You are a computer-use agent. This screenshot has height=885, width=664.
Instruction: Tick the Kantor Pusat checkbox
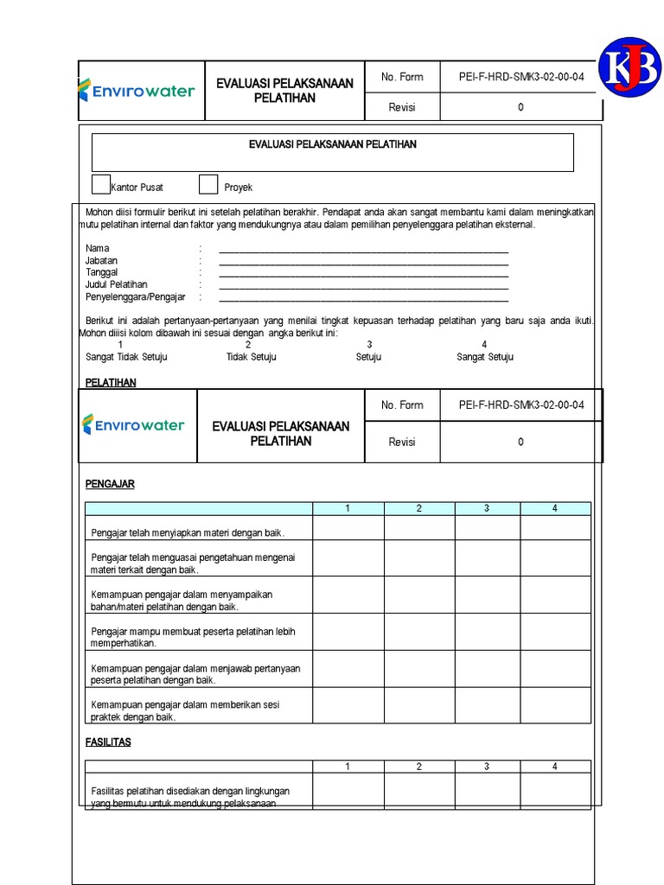pyautogui.click(x=101, y=185)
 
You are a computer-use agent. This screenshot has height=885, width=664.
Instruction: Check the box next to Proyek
pyautogui.click(x=208, y=185)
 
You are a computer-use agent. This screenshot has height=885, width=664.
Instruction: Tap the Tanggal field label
pyautogui.click(x=101, y=272)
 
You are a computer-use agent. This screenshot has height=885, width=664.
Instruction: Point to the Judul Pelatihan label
pyautogui.click(x=116, y=284)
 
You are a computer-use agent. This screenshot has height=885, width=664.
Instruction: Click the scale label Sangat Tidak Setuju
pyautogui.click(x=126, y=357)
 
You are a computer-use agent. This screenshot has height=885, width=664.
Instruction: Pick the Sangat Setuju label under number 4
pyautogui.click(x=485, y=357)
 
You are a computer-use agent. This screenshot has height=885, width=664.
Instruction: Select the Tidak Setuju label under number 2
pyautogui.click(x=252, y=357)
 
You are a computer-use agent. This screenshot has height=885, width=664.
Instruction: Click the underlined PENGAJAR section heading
pyautogui.click(x=110, y=484)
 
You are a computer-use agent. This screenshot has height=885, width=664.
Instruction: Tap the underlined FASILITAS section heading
pyautogui.click(x=108, y=742)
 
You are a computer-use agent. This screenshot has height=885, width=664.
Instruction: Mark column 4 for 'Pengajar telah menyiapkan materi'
pyautogui.click(x=555, y=528)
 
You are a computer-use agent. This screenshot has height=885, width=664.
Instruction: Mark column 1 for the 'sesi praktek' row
pyautogui.click(x=348, y=706)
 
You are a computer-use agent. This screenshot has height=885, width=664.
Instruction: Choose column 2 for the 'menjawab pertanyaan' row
pyautogui.click(x=419, y=670)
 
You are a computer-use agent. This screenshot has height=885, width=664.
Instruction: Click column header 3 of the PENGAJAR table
pyautogui.click(x=487, y=508)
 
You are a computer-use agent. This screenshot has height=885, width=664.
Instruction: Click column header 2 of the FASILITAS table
pyautogui.click(x=419, y=767)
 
